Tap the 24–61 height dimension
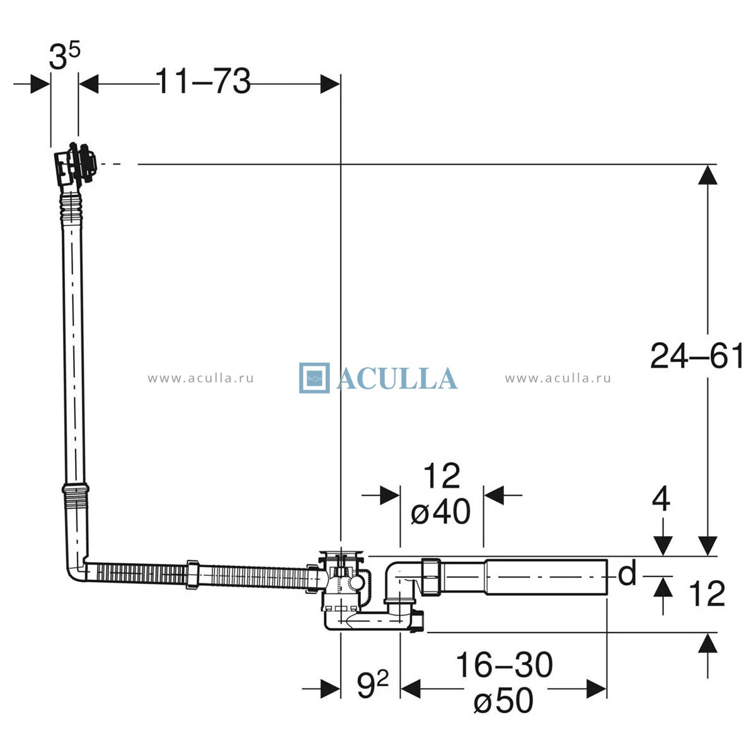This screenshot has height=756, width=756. click(696, 355)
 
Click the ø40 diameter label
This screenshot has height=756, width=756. click(440, 511)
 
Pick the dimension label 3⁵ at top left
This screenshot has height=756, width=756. click(65, 55)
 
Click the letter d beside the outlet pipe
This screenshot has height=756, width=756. click(626, 574)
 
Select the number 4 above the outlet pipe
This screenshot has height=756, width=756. click(661, 500)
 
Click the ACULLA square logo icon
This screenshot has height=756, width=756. click(314, 378)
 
